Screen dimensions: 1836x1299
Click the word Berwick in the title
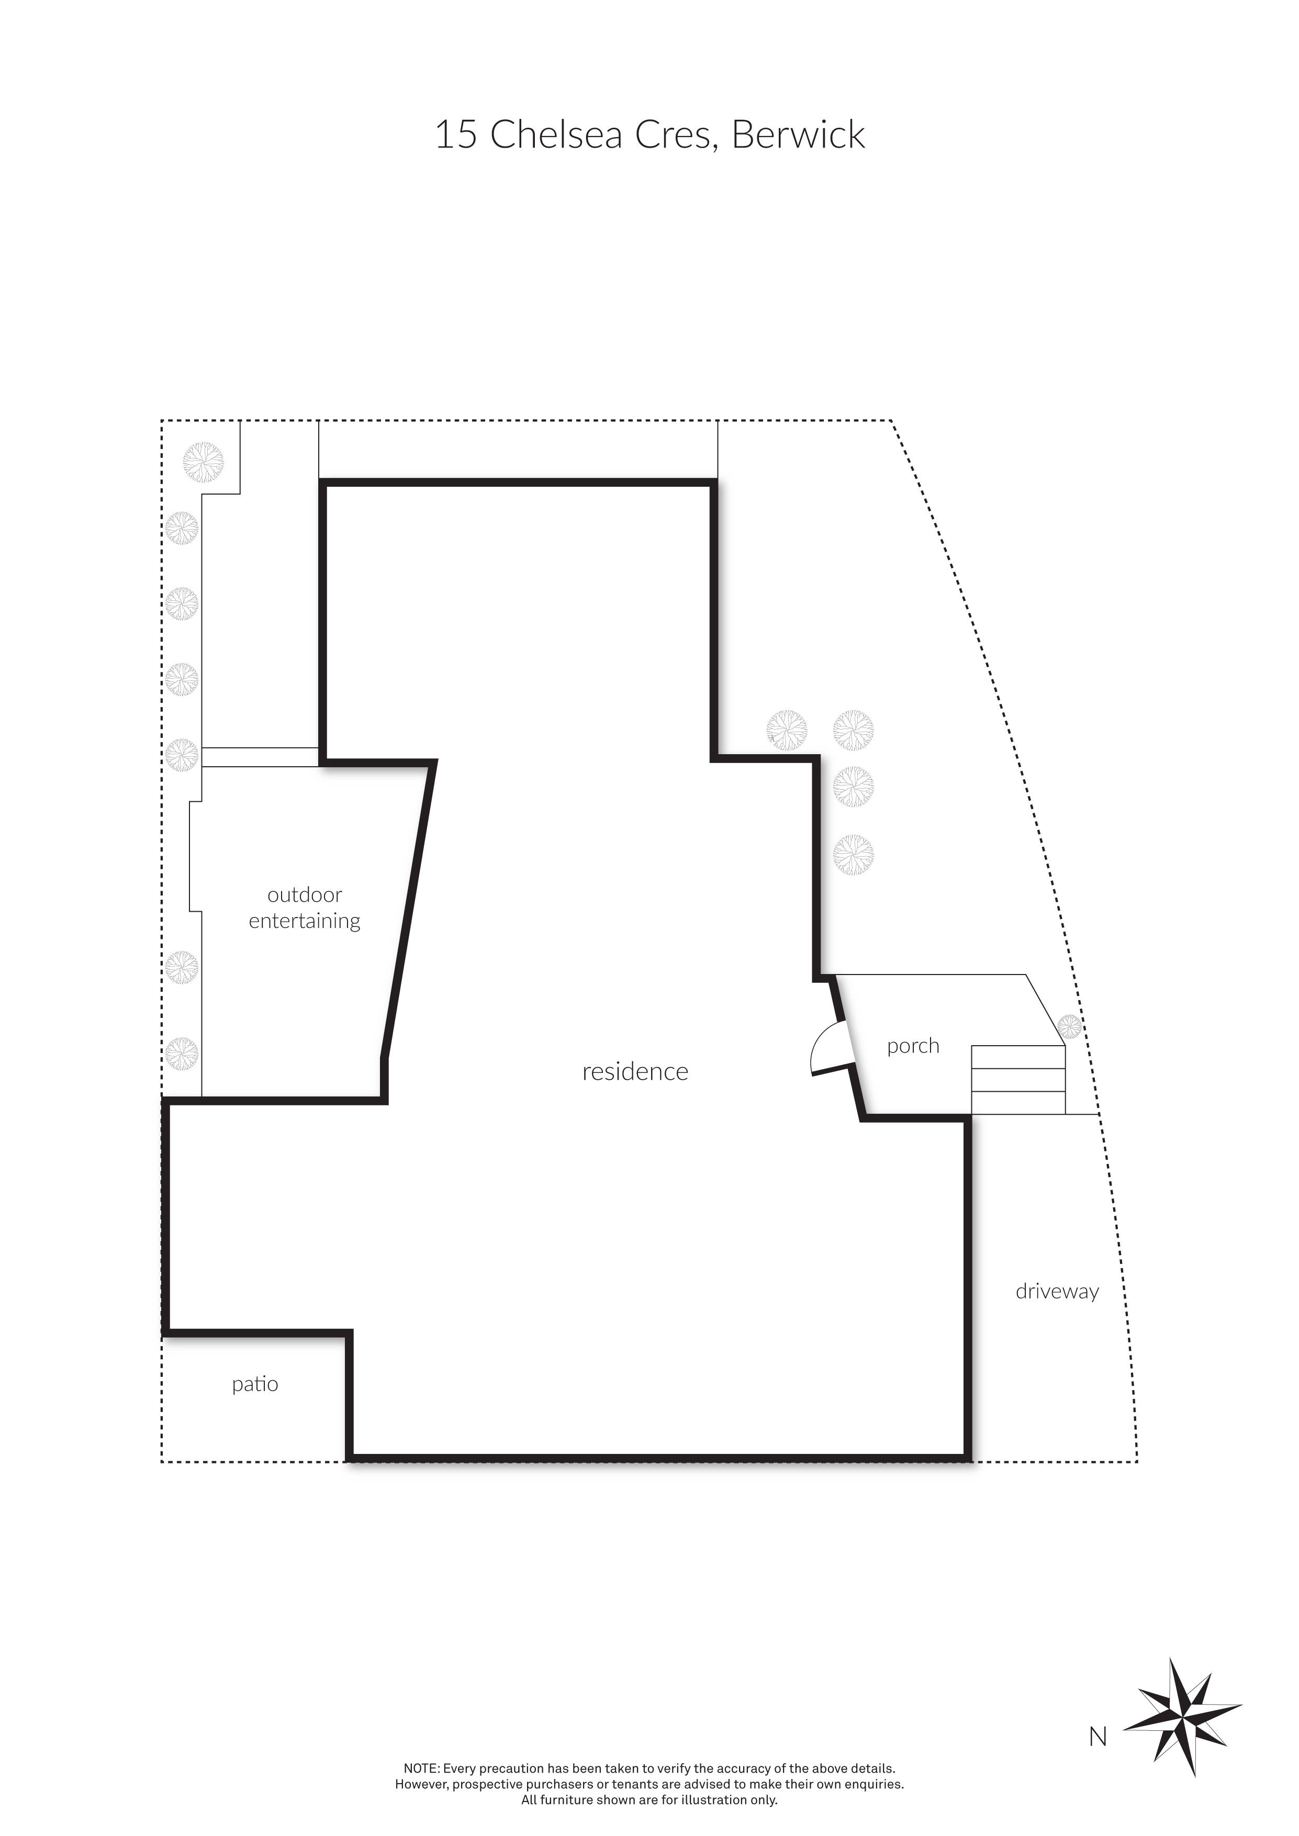point(798,135)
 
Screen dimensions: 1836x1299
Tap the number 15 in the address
point(456,135)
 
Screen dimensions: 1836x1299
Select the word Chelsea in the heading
point(556,135)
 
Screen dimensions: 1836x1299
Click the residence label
point(635,1071)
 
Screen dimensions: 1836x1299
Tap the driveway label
point(1057,1292)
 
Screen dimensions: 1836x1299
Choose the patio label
point(255,1384)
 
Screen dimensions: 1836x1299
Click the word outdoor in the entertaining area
point(305,895)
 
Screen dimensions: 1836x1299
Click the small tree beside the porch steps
point(1069,1026)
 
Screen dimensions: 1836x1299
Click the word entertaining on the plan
point(305,921)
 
